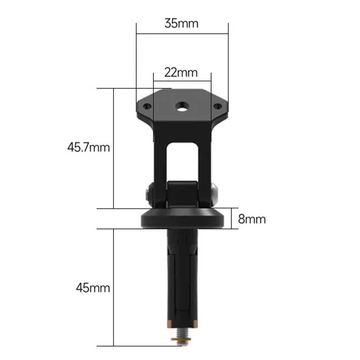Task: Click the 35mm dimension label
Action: click(181, 23)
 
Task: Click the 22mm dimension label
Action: click(181, 72)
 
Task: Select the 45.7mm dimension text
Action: click(88, 148)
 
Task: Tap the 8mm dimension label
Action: click(252, 219)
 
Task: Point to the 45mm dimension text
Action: click(93, 288)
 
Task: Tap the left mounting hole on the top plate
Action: click(147, 106)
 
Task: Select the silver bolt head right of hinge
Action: click(215, 194)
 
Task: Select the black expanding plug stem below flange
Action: click(183, 275)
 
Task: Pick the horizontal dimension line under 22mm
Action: click(182, 81)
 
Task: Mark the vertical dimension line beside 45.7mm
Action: click(114, 148)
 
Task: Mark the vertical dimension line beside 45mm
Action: click(114, 288)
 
